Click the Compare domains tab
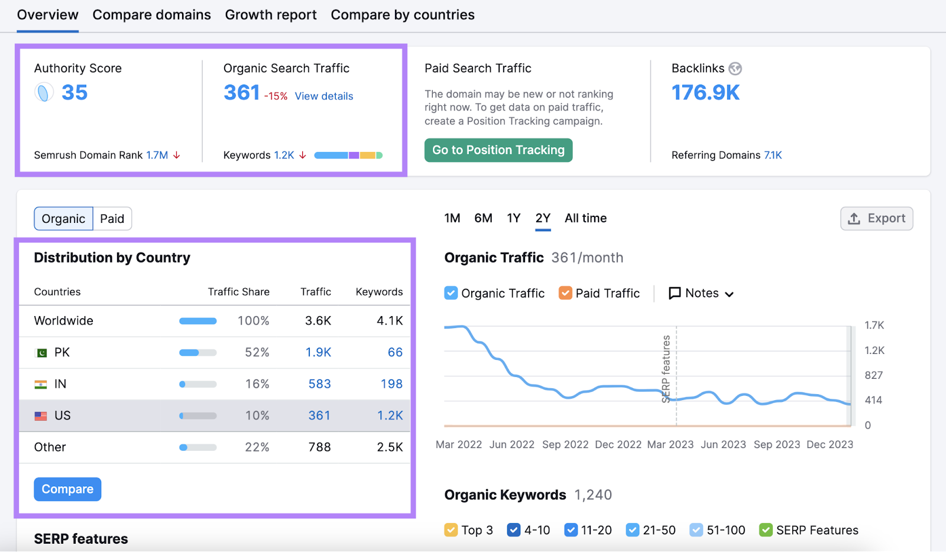(x=151, y=15)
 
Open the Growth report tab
(x=271, y=15)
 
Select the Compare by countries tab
(x=403, y=15)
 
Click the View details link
(x=323, y=96)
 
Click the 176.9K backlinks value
(x=705, y=93)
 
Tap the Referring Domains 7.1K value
(x=773, y=155)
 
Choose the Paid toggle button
(x=112, y=219)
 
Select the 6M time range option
(x=483, y=218)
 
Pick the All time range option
(x=585, y=218)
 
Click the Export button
(x=877, y=219)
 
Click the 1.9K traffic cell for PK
(x=318, y=352)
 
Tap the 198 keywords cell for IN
(x=391, y=384)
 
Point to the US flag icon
(x=41, y=416)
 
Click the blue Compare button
(x=67, y=489)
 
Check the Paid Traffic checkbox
(x=566, y=293)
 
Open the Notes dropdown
(x=701, y=293)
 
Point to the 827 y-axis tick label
(x=873, y=375)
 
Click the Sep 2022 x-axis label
(x=565, y=444)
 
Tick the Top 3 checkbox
(x=451, y=530)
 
